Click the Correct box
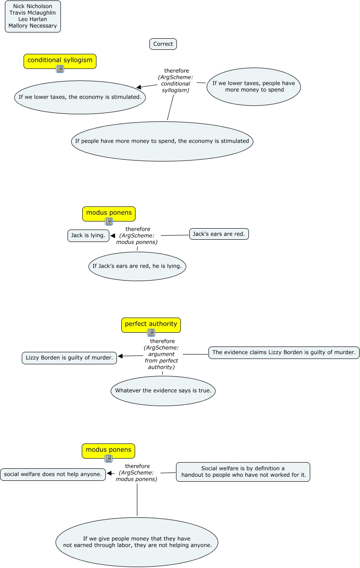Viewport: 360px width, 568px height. [163, 44]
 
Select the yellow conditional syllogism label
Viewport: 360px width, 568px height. [60, 61]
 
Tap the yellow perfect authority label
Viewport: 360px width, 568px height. [151, 325]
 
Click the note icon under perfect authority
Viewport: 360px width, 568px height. [151, 332]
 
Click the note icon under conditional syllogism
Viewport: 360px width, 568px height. [60, 68]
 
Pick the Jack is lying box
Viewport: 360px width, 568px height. [88, 236]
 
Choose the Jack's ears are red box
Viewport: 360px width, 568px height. [219, 234]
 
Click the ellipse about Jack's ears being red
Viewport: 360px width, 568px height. [137, 266]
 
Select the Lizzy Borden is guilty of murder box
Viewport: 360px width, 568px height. [69, 358]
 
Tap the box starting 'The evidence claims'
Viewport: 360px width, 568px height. [284, 352]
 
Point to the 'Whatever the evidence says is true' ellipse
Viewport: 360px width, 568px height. [163, 391]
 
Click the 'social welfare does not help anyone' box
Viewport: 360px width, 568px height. [53, 474]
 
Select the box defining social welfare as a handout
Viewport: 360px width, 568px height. [243, 471]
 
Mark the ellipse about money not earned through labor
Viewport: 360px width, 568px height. [137, 542]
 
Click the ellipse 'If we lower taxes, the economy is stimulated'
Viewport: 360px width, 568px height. [80, 97]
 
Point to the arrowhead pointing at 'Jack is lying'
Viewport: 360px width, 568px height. [113, 236]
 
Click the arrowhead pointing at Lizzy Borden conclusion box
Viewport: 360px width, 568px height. [120, 356]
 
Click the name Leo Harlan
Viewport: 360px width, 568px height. [32, 19]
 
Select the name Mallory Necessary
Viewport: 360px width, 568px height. [32, 26]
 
